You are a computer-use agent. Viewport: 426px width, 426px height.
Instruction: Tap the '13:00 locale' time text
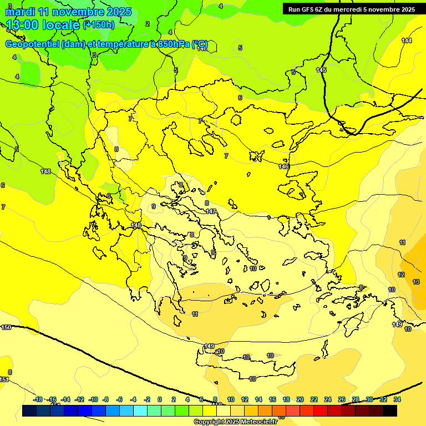43,24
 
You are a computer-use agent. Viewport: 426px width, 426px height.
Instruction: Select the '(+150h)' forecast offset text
98,24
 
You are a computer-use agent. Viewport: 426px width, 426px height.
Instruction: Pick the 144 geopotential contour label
407,40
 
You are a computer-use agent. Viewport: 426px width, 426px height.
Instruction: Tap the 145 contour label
321,70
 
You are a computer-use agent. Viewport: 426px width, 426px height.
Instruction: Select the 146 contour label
283,166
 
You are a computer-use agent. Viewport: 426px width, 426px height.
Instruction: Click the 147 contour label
211,211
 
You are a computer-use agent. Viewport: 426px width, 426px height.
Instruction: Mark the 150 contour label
6,327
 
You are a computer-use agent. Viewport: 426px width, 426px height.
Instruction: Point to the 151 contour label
4,379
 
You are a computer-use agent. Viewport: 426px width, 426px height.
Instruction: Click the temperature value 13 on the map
416,282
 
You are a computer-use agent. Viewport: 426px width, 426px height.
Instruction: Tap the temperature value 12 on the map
401,275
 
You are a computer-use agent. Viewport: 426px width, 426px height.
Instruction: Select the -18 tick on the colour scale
38,399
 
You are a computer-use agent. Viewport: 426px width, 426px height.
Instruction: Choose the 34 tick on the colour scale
397,399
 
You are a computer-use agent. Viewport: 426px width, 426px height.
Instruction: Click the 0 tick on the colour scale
160,399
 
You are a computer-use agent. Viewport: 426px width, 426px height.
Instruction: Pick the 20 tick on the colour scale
300,399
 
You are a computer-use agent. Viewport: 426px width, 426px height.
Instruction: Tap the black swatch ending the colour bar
390,410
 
